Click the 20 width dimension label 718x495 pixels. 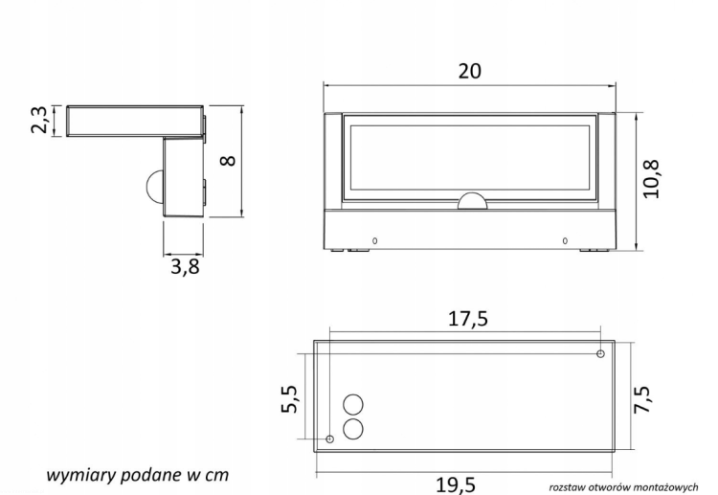click(470, 72)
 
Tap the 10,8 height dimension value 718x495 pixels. click(652, 179)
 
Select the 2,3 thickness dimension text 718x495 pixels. click(39, 120)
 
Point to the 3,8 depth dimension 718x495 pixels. click(186, 266)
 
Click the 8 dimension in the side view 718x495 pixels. click(228, 161)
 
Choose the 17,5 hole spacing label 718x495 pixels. click(468, 319)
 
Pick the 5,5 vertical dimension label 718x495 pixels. click(289, 399)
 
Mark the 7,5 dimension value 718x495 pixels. click(641, 399)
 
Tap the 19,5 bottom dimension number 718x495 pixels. click(455, 485)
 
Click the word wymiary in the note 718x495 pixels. click(81, 475)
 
